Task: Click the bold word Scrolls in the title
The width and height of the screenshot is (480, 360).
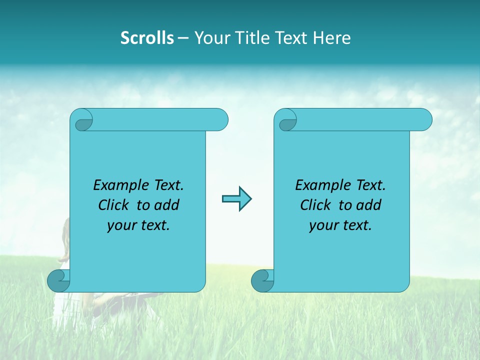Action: point(147,38)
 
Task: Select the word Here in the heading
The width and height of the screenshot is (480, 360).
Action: point(332,38)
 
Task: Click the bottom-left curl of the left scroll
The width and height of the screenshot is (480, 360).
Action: point(58,280)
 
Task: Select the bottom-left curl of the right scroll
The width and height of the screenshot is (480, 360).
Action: point(262,280)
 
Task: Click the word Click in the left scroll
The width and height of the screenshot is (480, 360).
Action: point(115,205)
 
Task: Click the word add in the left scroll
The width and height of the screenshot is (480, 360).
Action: point(167,205)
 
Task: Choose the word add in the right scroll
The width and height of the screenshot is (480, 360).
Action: point(369,205)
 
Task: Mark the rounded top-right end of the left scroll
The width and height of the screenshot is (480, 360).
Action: point(220,120)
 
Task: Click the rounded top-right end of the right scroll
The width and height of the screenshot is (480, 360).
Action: point(424,120)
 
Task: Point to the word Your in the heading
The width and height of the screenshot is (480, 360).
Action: point(210,38)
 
